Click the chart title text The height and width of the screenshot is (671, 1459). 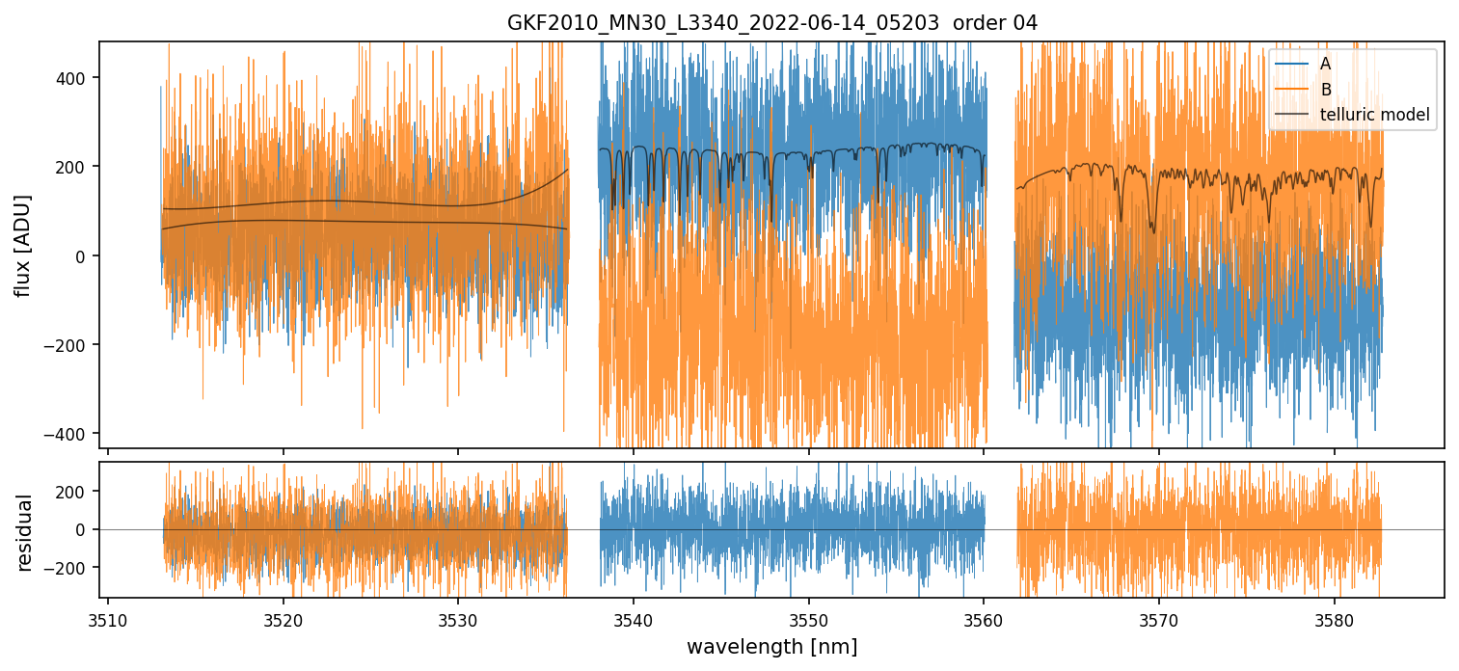[771, 23]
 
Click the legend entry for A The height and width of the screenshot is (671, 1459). [1325, 64]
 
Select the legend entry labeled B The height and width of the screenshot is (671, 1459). [1325, 90]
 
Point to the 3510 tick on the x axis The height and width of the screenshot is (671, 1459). [107, 617]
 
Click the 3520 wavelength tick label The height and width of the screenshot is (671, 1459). [283, 617]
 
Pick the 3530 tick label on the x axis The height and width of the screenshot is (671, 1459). [458, 617]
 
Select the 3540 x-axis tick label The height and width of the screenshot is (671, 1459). [633, 617]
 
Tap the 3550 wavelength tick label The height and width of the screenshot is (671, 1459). [808, 617]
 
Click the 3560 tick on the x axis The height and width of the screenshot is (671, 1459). [984, 617]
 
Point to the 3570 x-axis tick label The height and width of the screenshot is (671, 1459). [1158, 617]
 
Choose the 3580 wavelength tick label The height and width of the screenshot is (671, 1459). [1334, 617]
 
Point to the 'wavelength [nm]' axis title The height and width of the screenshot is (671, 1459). [771, 646]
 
